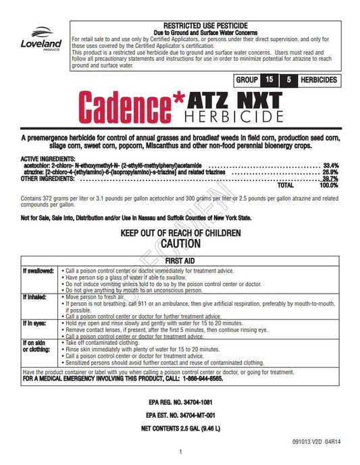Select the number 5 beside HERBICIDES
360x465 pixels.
[307, 80]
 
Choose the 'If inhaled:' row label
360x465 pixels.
[34, 297]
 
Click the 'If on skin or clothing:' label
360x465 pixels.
[34, 347]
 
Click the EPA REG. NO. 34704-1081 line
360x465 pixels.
[180, 403]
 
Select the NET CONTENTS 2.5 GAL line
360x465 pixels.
[180, 429]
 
